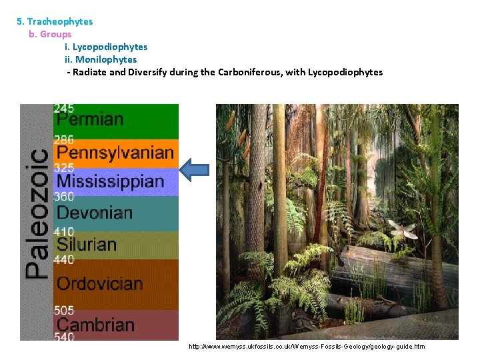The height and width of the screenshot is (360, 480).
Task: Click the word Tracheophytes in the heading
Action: tap(59, 21)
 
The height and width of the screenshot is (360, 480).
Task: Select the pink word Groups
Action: tap(55, 34)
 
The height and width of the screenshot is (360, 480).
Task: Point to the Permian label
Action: tap(90, 120)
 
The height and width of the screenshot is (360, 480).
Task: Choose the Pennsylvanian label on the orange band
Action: tap(115, 153)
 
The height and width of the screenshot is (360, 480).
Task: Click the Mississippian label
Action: tap(111, 181)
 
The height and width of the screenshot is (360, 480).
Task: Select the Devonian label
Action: tap(95, 213)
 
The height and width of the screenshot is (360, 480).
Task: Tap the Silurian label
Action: tap(87, 244)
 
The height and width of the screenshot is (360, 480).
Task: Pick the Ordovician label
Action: tap(100, 283)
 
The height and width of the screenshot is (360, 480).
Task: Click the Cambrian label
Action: tap(95, 325)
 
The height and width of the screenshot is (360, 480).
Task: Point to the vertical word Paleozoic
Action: tap(37, 213)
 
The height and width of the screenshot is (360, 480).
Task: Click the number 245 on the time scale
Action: tap(64, 108)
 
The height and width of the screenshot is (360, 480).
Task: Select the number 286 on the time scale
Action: tap(64, 141)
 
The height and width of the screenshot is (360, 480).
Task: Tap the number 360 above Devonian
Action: tap(64, 197)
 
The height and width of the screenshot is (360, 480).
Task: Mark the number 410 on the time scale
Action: tap(64, 232)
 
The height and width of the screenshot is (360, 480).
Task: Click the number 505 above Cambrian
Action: tap(64, 311)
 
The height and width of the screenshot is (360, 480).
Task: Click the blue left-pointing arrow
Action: tap(195, 169)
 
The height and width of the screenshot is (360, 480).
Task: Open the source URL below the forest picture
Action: tap(307, 347)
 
